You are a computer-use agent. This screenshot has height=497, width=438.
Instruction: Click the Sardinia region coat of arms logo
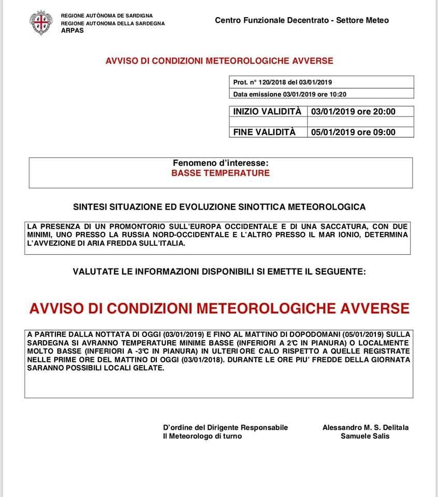[41, 23]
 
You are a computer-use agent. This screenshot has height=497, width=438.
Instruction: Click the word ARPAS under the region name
[72, 31]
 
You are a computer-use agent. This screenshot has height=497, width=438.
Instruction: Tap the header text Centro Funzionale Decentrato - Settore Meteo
[301, 20]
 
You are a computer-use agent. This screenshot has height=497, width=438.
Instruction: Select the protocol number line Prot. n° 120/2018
[283, 82]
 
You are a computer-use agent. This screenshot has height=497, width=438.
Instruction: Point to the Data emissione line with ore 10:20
[289, 94]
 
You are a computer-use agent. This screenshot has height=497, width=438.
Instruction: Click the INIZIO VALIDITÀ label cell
[267, 111]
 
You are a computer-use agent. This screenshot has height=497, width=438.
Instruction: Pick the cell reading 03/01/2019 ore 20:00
[353, 111]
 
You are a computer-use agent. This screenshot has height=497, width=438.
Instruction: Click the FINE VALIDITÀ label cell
[264, 132]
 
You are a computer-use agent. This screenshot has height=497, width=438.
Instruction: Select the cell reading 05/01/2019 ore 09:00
[353, 132]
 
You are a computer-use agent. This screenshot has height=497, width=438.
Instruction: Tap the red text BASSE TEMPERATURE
[221, 173]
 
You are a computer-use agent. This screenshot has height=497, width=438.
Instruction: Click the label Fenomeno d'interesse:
[221, 163]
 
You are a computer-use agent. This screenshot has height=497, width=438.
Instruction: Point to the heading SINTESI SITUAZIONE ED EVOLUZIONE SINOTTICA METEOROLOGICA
[220, 207]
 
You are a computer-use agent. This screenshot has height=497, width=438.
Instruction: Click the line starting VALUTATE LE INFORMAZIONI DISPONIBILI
[219, 271]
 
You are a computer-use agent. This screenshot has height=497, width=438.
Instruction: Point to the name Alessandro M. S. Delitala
[366, 428]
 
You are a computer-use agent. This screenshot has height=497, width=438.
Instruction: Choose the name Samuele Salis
[366, 436]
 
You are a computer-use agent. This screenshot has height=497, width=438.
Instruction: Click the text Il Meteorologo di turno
[202, 436]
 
